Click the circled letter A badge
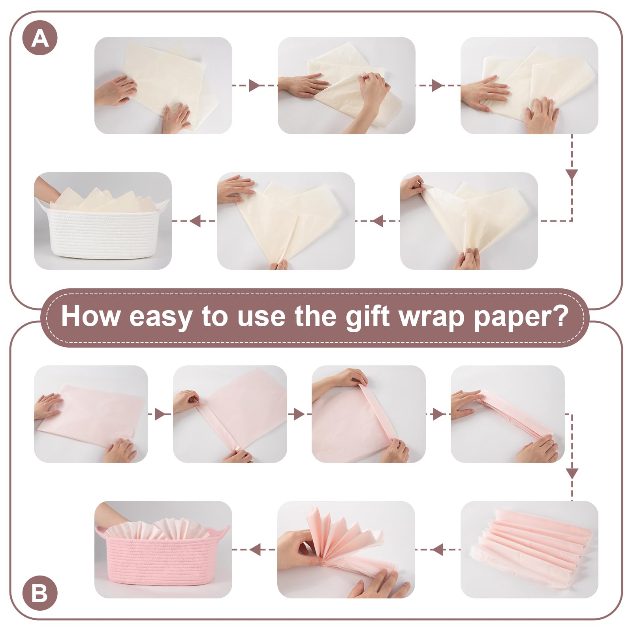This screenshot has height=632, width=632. coord(40,38)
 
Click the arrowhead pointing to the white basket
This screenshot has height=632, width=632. coord(196,221)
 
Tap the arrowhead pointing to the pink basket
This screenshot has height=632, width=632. coord(255,549)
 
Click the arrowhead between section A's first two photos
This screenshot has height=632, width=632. coord(255,85)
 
